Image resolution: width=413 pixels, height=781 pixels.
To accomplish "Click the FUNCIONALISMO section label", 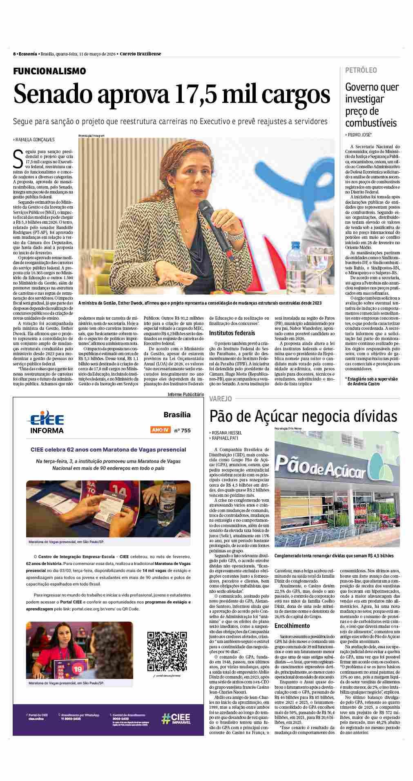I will [x=49, y=71].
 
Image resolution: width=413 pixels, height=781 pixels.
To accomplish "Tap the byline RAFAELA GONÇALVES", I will [x=35, y=139].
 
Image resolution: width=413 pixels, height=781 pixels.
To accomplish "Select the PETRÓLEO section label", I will [x=361, y=70].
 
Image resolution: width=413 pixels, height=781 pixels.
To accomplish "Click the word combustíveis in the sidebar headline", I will [x=371, y=123].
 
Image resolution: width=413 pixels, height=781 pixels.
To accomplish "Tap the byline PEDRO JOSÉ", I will [x=359, y=135].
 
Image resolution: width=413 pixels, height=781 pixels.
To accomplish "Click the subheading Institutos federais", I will [x=232, y=333].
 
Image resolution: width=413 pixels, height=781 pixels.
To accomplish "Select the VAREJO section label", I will [x=220, y=398].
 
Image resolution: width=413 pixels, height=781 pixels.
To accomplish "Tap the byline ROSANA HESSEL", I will [x=227, y=432].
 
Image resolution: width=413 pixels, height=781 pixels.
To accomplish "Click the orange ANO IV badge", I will [x=160, y=430].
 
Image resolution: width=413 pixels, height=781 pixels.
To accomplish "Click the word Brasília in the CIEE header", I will [x=177, y=415].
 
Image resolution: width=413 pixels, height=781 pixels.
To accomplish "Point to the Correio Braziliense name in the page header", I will [x=141, y=54].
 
